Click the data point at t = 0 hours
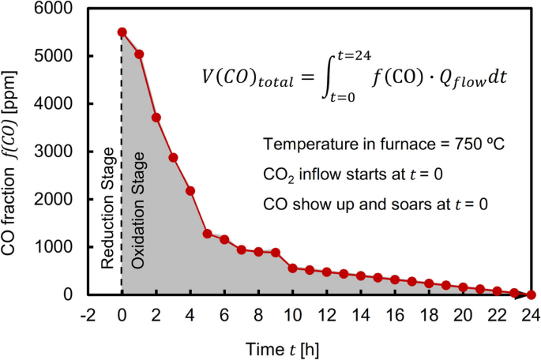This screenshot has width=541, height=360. (x=122, y=32)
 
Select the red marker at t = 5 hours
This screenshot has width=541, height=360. (x=207, y=234)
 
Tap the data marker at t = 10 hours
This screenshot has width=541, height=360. (x=292, y=268)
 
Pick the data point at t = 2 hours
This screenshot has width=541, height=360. (x=156, y=117)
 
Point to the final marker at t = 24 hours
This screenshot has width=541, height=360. (x=531, y=294)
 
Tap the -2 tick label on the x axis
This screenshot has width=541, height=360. (x=87, y=313)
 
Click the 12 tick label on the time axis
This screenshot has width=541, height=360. (x=326, y=313)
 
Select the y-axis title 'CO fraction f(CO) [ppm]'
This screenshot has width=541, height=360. (x=14, y=150)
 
